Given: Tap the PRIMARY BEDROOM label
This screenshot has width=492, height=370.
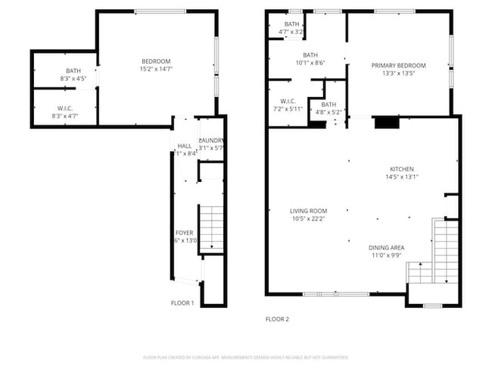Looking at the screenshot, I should (x=398, y=66).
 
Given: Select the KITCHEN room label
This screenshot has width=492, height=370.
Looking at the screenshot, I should (x=401, y=169).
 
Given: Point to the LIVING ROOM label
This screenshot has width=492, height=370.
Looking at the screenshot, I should (x=308, y=211).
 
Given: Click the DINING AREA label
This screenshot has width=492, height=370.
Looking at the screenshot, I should (x=386, y=247).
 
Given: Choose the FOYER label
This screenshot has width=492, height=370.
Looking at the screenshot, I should (x=185, y=233).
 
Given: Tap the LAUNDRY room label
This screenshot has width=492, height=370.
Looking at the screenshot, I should (x=210, y=140).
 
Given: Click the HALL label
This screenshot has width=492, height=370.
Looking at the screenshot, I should (x=185, y=146).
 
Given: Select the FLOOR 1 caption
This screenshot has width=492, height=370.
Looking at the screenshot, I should (x=182, y=303).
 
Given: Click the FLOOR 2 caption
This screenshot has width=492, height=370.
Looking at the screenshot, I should (x=276, y=319).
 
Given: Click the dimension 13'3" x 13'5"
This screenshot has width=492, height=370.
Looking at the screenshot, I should (x=398, y=74).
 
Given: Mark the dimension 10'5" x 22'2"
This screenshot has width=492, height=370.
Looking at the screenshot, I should (x=308, y=219).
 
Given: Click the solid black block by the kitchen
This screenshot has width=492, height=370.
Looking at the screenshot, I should (x=386, y=121).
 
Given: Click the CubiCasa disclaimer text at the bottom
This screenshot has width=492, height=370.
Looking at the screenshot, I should (x=245, y=357).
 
